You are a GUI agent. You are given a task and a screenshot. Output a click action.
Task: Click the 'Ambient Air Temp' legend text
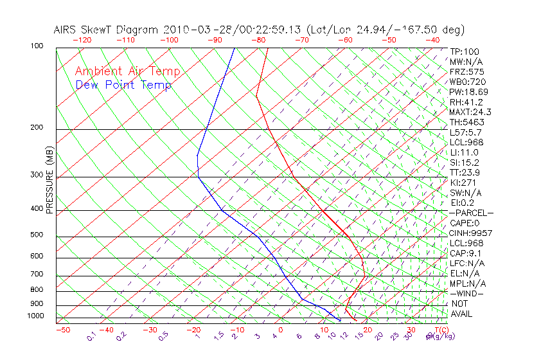127,71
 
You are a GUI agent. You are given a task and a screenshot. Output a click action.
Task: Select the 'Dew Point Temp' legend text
123,85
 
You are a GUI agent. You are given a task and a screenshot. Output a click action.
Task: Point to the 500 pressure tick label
37,235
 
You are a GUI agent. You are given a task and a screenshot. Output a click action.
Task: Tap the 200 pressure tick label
37,128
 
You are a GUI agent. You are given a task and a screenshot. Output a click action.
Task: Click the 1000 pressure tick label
35,316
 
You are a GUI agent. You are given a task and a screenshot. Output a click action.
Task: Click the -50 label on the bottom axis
62,330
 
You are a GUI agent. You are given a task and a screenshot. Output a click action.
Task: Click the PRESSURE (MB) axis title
49,179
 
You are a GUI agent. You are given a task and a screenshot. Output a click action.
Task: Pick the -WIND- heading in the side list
466,293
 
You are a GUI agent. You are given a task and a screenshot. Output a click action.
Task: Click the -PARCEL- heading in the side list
471,213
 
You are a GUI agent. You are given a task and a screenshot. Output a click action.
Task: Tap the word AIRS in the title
66,30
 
